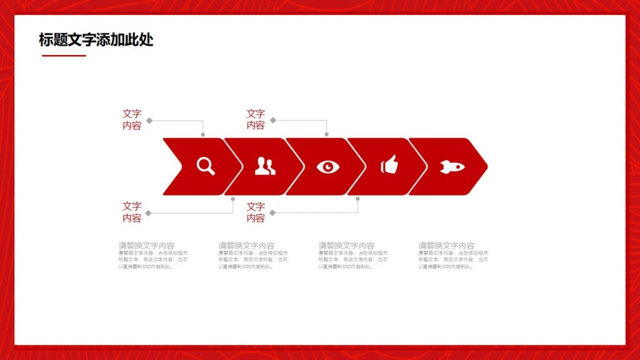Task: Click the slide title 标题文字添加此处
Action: coord(96,40)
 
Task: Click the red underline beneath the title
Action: coord(64,56)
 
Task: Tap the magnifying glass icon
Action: coord(206,166)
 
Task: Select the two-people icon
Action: coord(265,166)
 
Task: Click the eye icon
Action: coord(328,166)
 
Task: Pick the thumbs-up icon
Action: coord(389,165)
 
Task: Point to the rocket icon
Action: coord(452,166)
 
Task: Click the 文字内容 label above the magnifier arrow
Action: coord(132,119)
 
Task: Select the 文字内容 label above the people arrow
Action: coord(256,119)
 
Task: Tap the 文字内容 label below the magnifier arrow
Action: coord(132,212)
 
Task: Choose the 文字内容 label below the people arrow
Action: coord(256,212)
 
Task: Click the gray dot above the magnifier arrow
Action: coord(203,134)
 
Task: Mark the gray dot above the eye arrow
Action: coord(326,134)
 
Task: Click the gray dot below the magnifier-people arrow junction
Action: coord(233,199)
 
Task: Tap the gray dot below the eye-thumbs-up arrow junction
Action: coord(357,199)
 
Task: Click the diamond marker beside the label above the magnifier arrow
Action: coord(149,120)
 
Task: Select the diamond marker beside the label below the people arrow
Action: coord(272,212)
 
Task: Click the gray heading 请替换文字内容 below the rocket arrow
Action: coord(446,246)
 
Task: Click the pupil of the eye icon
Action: coord(328,166)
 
